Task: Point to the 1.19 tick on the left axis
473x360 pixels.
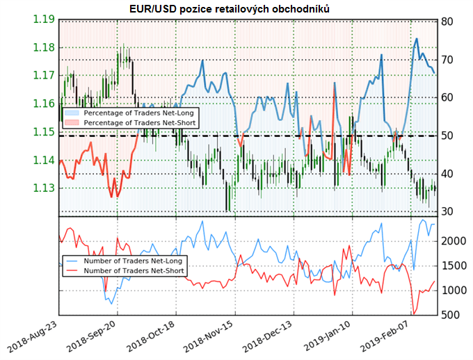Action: tap(44, 19)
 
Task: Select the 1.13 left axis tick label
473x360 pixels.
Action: tap(44, 188)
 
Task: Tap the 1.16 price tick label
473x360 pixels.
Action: tap(44, 104)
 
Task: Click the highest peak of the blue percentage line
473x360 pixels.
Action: tap(417, 38)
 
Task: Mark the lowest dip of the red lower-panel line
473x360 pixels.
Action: tap(415, 313)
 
